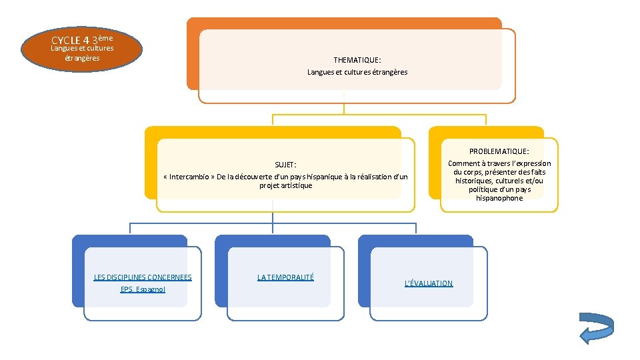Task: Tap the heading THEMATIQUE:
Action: tap(357, 59)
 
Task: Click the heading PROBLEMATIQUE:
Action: tap(499, 151)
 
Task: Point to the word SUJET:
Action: tap(285, 165)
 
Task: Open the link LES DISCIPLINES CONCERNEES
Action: tap(143, 277)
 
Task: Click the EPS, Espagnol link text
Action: tap(143, 289)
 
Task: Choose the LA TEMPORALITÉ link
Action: tap(285, 277)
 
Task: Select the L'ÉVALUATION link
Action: tap(429, 283)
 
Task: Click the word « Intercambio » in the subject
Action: tap(189, 177)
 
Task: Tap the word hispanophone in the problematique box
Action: tap(499, 198)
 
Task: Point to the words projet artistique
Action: tap(285, 185)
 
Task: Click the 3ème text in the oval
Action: tap(103, 39)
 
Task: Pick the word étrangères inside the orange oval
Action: tap(82, 58)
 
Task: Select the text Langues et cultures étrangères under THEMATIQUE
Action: tap(357, 72)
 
